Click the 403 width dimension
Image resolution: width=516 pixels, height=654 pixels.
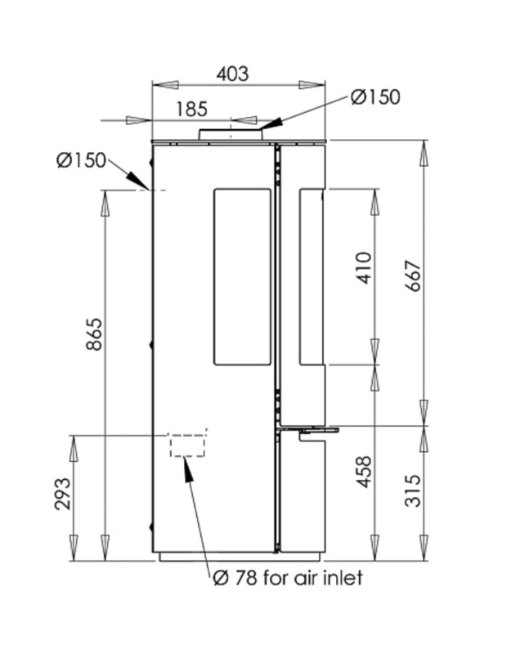(x=232, y=74)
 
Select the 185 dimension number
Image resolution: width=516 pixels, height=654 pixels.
(x=191, y=110)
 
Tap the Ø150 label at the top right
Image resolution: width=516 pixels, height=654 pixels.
(x=375, y=96)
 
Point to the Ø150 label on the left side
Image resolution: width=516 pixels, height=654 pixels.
(x=81, y=160)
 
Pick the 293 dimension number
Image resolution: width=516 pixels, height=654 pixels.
(x=63, y=495)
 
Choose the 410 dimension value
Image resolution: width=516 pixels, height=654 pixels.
(x=364, y=268)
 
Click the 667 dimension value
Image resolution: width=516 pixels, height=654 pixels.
(x=414, y=276)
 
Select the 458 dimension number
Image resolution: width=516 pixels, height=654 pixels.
(x=364, y=472)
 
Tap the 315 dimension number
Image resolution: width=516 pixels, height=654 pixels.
(x=414, y=490)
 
